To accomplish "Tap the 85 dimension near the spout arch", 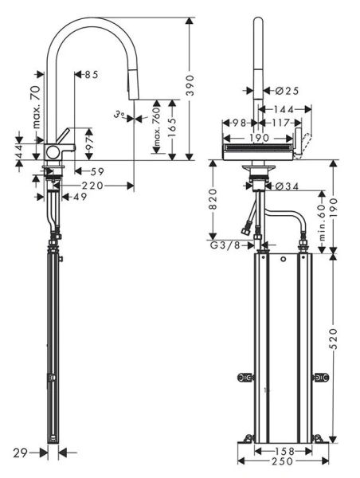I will pos(90,75).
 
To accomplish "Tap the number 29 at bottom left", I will pos(21,453).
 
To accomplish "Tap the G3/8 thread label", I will pos(225,245).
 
